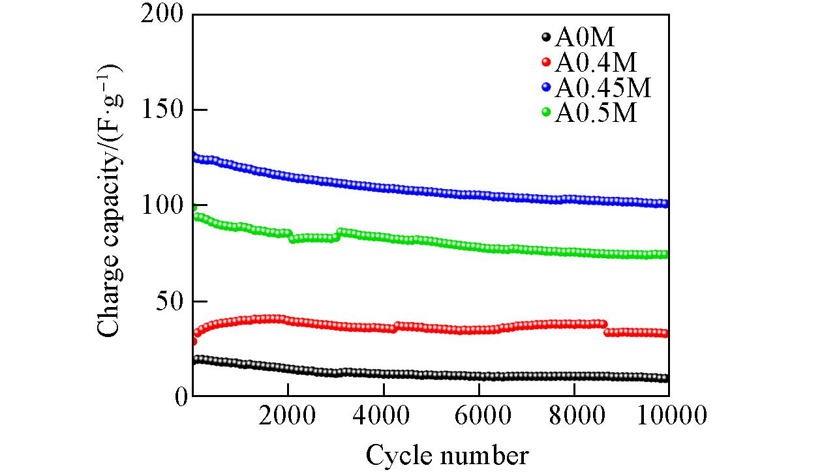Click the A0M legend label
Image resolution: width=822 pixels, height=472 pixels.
pyautogui.click(x=585, y=38)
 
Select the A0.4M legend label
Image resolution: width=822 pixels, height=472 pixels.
pyautogui.click(x=596, y=63)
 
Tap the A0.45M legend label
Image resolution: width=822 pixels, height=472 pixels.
pyautogui.click(x=603, y=88)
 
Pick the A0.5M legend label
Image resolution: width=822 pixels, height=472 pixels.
pyautogui.click(x=596, y=113)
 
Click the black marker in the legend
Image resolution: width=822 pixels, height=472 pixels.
pyautogui.click(x=547, y=38)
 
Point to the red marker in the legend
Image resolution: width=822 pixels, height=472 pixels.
pyautogui.click(x=547, y=63)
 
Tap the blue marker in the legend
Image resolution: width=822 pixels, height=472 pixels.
pyautogui.click(x=547, y=87)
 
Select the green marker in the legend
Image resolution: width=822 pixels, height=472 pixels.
pyautogui.click(x=547, y=113)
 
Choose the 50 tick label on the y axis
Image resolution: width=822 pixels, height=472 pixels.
pyautogui.click(x=168, y=301)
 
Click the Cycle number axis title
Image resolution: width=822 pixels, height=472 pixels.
pyautogui.click(x=447, y=454)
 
